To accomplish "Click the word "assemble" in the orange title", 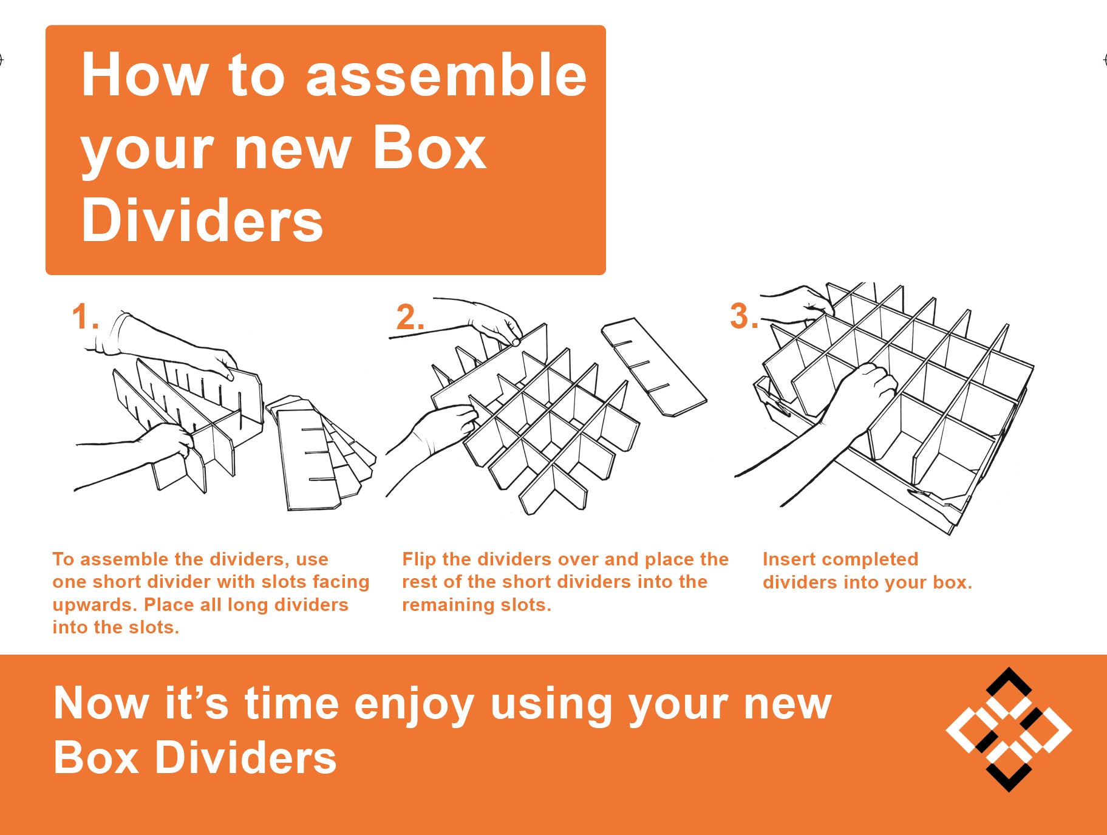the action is (446, 75).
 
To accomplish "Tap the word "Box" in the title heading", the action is (429, 148).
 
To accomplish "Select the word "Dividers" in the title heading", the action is (202, 220).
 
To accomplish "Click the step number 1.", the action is (84, 317).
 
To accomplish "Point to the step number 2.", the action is (410, 317).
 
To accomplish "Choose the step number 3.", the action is (744, 316).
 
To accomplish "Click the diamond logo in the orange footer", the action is (1009, 729).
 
